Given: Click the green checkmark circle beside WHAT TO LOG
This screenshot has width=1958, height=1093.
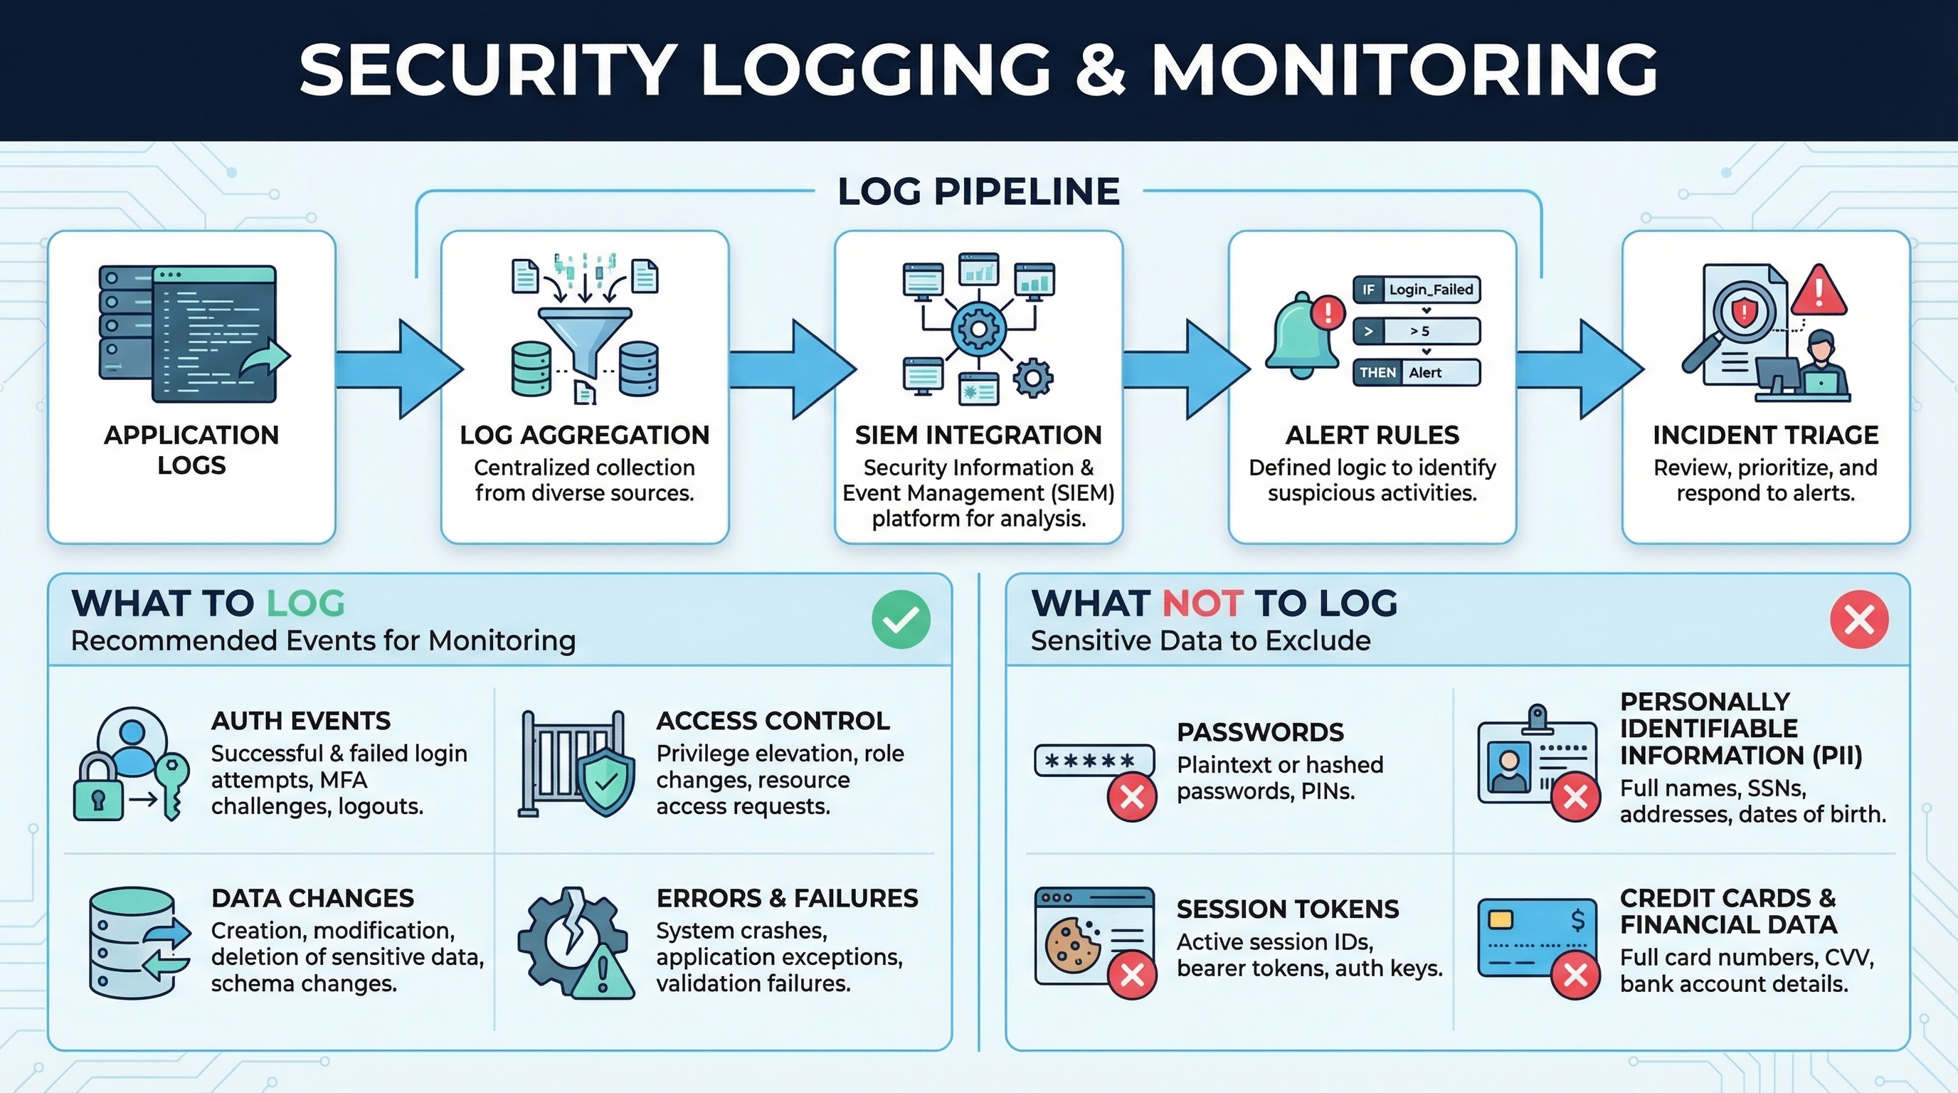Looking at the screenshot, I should [901, 620].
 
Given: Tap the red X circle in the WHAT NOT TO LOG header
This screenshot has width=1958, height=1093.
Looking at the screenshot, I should [1859, 620].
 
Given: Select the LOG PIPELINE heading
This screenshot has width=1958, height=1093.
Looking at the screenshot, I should [978, 191].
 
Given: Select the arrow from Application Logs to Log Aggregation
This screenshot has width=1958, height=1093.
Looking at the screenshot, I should [399, 369].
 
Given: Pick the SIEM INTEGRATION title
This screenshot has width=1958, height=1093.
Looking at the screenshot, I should [978, 435].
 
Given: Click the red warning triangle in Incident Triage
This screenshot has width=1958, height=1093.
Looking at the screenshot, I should [1818, 291].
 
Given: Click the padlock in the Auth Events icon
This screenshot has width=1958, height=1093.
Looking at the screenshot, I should [98, 791].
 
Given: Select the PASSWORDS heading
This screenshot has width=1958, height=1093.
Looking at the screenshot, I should [1260, 732].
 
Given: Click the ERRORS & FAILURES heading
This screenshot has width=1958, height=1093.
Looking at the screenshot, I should [787, 899].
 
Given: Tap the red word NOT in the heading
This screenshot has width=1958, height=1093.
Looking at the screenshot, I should [1202, 603].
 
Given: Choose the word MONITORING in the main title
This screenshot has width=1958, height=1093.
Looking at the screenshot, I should [1404, 70].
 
